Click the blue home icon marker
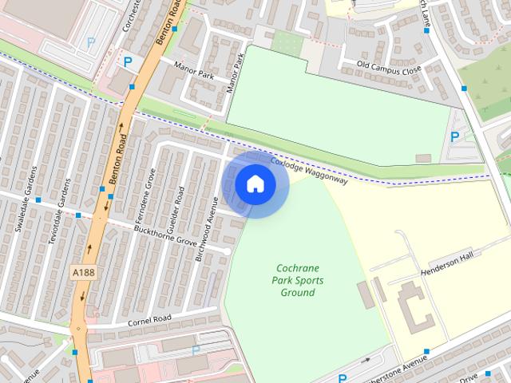[x=255, y=184]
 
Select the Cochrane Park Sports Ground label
[x=297, y=280]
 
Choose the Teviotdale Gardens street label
[x=58, y=213]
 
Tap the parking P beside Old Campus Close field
[x=454, y=136]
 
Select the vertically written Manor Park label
[x=235, y=73]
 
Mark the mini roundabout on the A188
[x=77, y=328]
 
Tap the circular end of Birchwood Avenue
[x=227, y=251]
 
